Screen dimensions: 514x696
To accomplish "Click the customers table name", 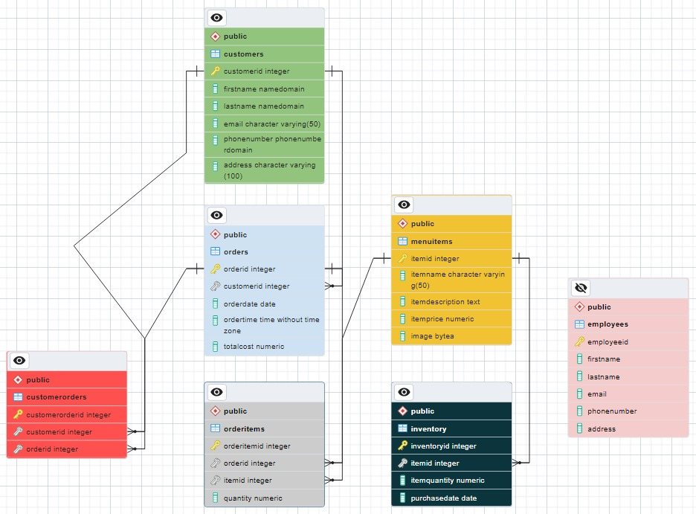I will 243,54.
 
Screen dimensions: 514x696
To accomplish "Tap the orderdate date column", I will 249,303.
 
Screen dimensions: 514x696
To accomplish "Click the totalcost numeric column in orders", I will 254,347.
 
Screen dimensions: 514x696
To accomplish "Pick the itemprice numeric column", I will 442,319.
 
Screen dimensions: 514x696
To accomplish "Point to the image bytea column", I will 432,336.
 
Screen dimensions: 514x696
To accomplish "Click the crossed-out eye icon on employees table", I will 581,288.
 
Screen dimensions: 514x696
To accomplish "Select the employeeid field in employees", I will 608,342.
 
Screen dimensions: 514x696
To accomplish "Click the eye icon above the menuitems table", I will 404,205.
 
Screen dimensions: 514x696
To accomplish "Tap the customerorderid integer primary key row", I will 68,415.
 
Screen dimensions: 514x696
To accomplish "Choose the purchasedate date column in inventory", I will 443,498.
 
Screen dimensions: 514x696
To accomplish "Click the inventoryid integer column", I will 443,446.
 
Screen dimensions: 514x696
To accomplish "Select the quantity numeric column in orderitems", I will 253,498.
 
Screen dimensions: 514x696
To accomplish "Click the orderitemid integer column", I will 257,446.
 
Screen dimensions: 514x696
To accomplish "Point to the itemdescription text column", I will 445,302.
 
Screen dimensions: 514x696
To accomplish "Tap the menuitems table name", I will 431,242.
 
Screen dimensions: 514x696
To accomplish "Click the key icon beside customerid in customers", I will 215,71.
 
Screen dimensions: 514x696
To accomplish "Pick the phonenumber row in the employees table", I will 611,411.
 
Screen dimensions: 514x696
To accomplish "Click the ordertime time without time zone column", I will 271,325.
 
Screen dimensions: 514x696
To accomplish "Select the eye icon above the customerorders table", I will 19,361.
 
